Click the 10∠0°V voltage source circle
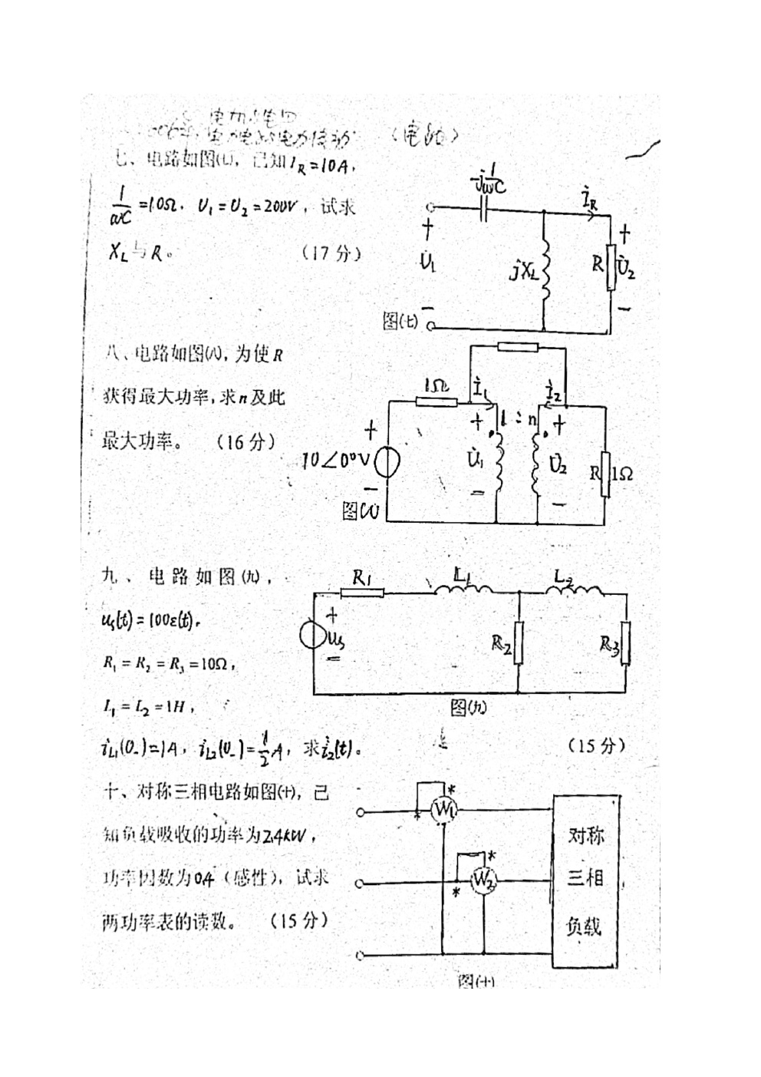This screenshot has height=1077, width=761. [387, 461]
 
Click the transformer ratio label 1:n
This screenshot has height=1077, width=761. [519, 419]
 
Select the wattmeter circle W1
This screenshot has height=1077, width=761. [443, 811]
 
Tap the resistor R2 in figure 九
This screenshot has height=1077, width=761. [519, 643]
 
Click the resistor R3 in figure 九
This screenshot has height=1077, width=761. [626, 643]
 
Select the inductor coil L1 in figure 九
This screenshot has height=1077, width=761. [463, 589]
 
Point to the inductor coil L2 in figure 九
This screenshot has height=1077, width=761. [574, 589]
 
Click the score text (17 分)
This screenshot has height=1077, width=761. [331, 253]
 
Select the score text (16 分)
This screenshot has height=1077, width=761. [245, 441]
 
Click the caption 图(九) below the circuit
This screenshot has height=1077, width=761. [468, 708]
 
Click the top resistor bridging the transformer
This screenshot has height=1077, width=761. [518, 347]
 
